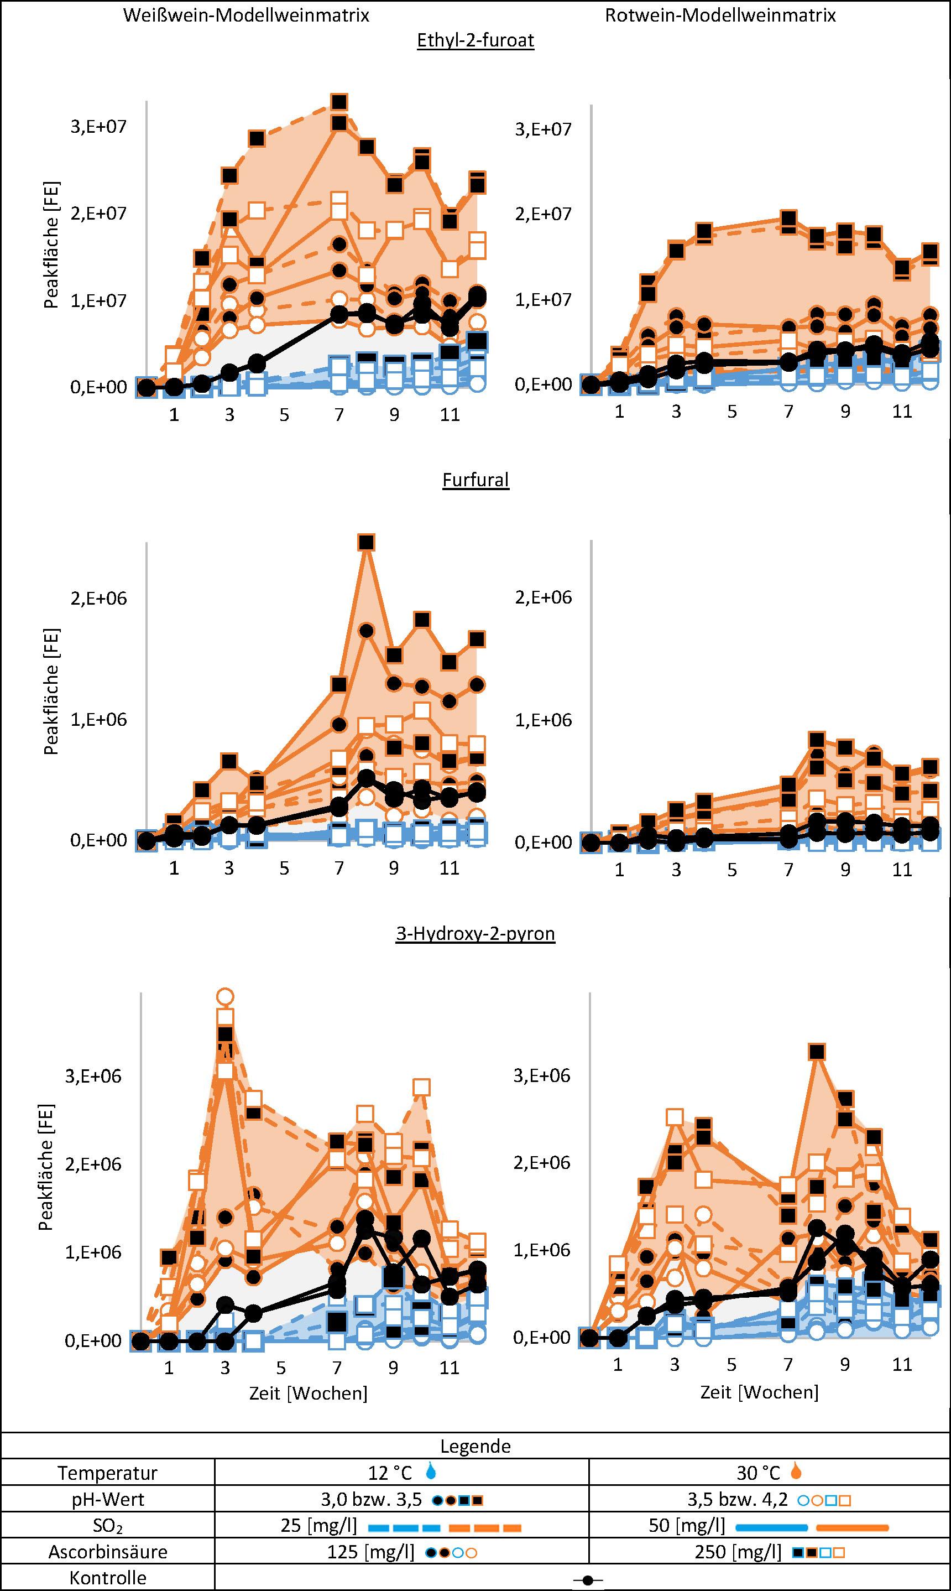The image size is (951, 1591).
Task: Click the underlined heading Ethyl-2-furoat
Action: (x=475, y=40)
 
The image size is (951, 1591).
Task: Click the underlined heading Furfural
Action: (x=476, y=480)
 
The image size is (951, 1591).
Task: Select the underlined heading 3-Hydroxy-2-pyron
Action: (x=475, y=933)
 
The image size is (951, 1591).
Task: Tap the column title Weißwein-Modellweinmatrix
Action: (x=246, y=15)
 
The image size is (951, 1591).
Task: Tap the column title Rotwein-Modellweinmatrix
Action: (x=720, y=15)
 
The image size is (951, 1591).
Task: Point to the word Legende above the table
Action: (x=476, y=1447)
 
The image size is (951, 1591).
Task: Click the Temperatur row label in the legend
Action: (x=108, y=1473)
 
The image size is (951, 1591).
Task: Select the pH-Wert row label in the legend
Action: (x=108, y=1499)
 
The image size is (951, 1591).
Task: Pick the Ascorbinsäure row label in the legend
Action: (x=108, y=1552)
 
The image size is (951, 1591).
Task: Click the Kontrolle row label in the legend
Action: (x=108, y=1578)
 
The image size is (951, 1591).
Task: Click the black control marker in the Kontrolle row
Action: (x=588, y=1580)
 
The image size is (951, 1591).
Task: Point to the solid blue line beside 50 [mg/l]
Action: (x=770, y=1528)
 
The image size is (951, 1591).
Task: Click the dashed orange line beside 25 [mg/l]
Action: (x=485, y=1528)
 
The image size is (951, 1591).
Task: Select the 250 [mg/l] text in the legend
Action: (x=738, y=1552)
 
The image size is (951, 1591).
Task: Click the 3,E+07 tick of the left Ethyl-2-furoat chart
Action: (x=98, y=126)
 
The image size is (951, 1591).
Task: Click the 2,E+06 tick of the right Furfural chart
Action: (x=543, y=597)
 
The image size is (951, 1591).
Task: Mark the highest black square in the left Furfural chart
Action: (x=366, y=543)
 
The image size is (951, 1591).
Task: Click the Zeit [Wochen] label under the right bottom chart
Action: (x=759, y=1392)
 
